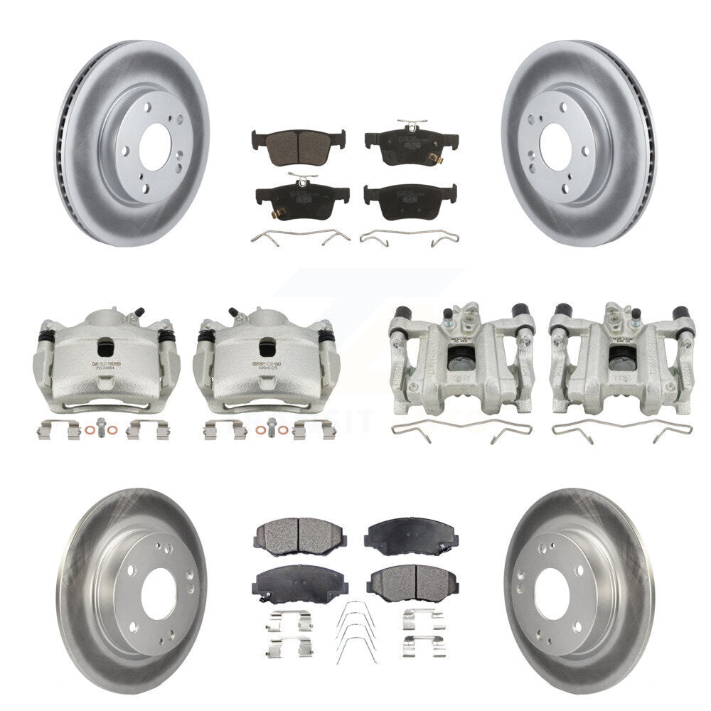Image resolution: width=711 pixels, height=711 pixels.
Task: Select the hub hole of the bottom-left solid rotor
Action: [x=158, y=594]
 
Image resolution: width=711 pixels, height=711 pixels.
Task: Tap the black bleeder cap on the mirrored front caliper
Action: [x=232, y=311]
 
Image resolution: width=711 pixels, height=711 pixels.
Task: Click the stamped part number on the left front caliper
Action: [x=106, y=368]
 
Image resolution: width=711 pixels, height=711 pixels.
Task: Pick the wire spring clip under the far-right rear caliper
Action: [x=621, y=430]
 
